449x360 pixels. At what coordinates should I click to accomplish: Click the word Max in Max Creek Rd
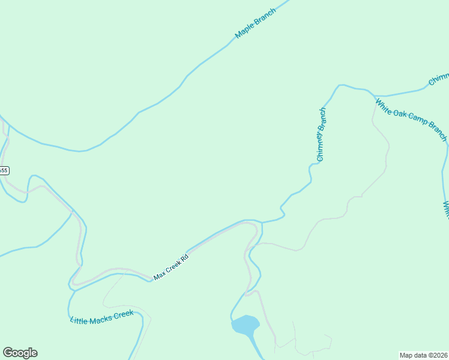tap(159, 275)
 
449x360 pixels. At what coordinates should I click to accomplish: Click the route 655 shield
tap(4, 170)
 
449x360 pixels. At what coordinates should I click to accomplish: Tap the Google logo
tap(20, 353)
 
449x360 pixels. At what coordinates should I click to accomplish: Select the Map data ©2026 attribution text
tap(423, 355)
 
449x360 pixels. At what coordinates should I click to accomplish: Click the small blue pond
tap(245, 325)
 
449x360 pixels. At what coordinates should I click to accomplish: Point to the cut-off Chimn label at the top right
tap(439, 79)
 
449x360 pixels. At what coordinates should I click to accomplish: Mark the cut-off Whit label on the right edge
tap(446, 210)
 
